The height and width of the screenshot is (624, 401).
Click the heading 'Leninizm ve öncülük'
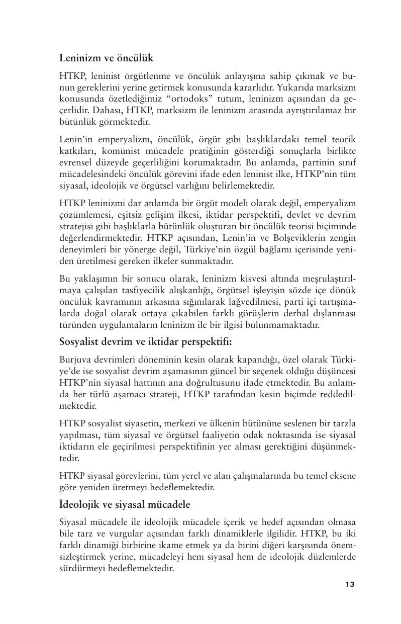[106, 58]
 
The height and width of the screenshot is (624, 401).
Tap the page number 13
[350, 584]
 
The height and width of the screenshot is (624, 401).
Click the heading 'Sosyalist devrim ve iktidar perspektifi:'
[145, 342]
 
